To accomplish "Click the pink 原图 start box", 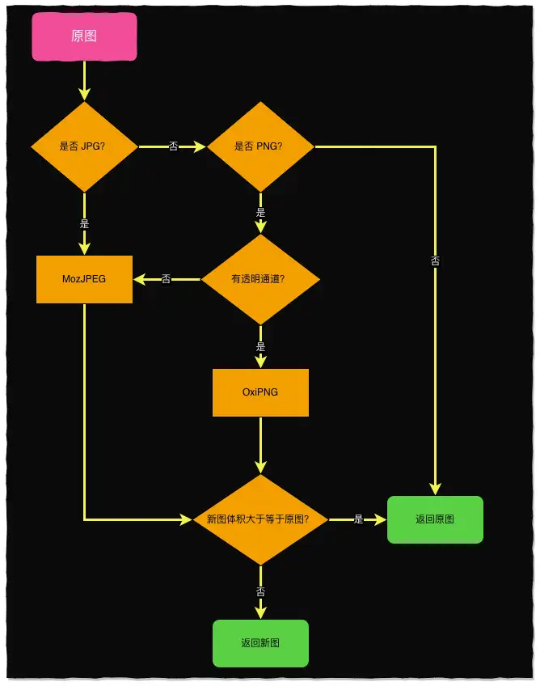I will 84,36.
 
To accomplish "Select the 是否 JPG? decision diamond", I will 84,146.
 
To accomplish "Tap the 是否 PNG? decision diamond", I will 260,146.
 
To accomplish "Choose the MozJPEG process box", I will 84,279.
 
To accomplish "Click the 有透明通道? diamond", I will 260,279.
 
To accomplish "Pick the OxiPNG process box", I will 260,392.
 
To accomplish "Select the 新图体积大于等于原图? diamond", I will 260,519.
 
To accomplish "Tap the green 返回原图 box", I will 435,519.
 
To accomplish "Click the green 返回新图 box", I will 260,643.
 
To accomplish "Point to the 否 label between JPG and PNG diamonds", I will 173,146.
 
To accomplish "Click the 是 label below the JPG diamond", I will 84,222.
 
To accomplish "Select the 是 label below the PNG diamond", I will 260,213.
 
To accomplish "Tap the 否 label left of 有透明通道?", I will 166,279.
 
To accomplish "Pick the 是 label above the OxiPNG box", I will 260,346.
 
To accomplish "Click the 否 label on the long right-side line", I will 435,261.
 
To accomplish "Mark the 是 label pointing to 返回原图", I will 358,519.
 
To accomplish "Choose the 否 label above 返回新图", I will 260,592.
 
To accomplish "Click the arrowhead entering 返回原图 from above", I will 435,488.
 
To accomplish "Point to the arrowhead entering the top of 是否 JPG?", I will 84,95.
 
